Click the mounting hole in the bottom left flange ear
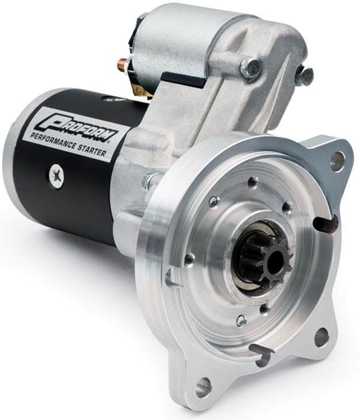click(x=203, y=386)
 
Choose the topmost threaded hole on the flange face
click(x=252, y=183)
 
